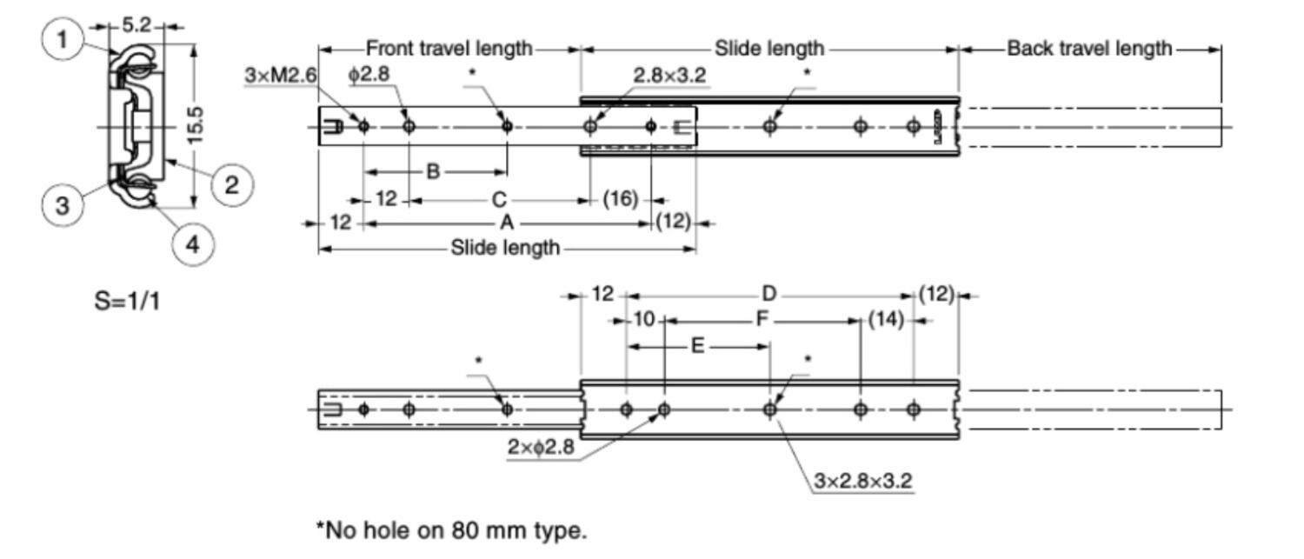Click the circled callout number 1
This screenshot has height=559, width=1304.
click(x=62, y=40)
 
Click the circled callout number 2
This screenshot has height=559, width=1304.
click(x=230, y=184)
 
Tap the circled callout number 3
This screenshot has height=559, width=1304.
click(x=62, y=205)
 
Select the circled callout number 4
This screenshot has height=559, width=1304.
click(x=192, y=244)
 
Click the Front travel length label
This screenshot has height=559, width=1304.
click(x=449, y=49)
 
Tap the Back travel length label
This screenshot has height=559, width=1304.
click(x=1089, y=49)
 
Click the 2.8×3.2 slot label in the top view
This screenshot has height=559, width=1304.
click(x=669, y=76)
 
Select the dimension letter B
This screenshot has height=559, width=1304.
click(x=433, y=172)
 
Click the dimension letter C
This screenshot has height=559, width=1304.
click(x=499, y=200)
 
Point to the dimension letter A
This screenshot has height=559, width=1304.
click(x=506, y=223)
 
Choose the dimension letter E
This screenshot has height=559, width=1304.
click(x=697, y=346)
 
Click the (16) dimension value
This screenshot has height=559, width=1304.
click(x=621, y=200)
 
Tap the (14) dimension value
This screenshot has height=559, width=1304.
click(x=887, y=321)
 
